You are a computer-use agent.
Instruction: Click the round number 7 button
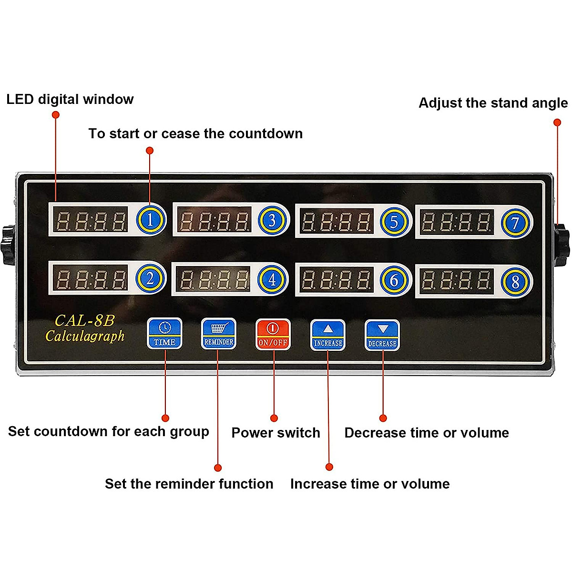tap(515, 223)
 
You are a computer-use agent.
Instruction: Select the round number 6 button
tap(394, 280)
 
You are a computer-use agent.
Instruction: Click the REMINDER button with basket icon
tap(219, 334)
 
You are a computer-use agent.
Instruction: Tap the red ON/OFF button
tap(273, 334)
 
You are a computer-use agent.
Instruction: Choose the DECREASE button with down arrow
tap(382, 335)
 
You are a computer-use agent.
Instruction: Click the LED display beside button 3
tap(214, 220)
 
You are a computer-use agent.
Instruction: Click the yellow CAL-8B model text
tap(84, 320)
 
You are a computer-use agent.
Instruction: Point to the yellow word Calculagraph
tap(85, 336)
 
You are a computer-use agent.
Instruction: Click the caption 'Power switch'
tap(276, 433)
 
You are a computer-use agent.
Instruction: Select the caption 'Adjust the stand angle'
tap(493, 103)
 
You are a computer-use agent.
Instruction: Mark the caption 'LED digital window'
tap(70, 99)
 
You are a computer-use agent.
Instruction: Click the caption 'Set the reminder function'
tap(189, 484)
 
